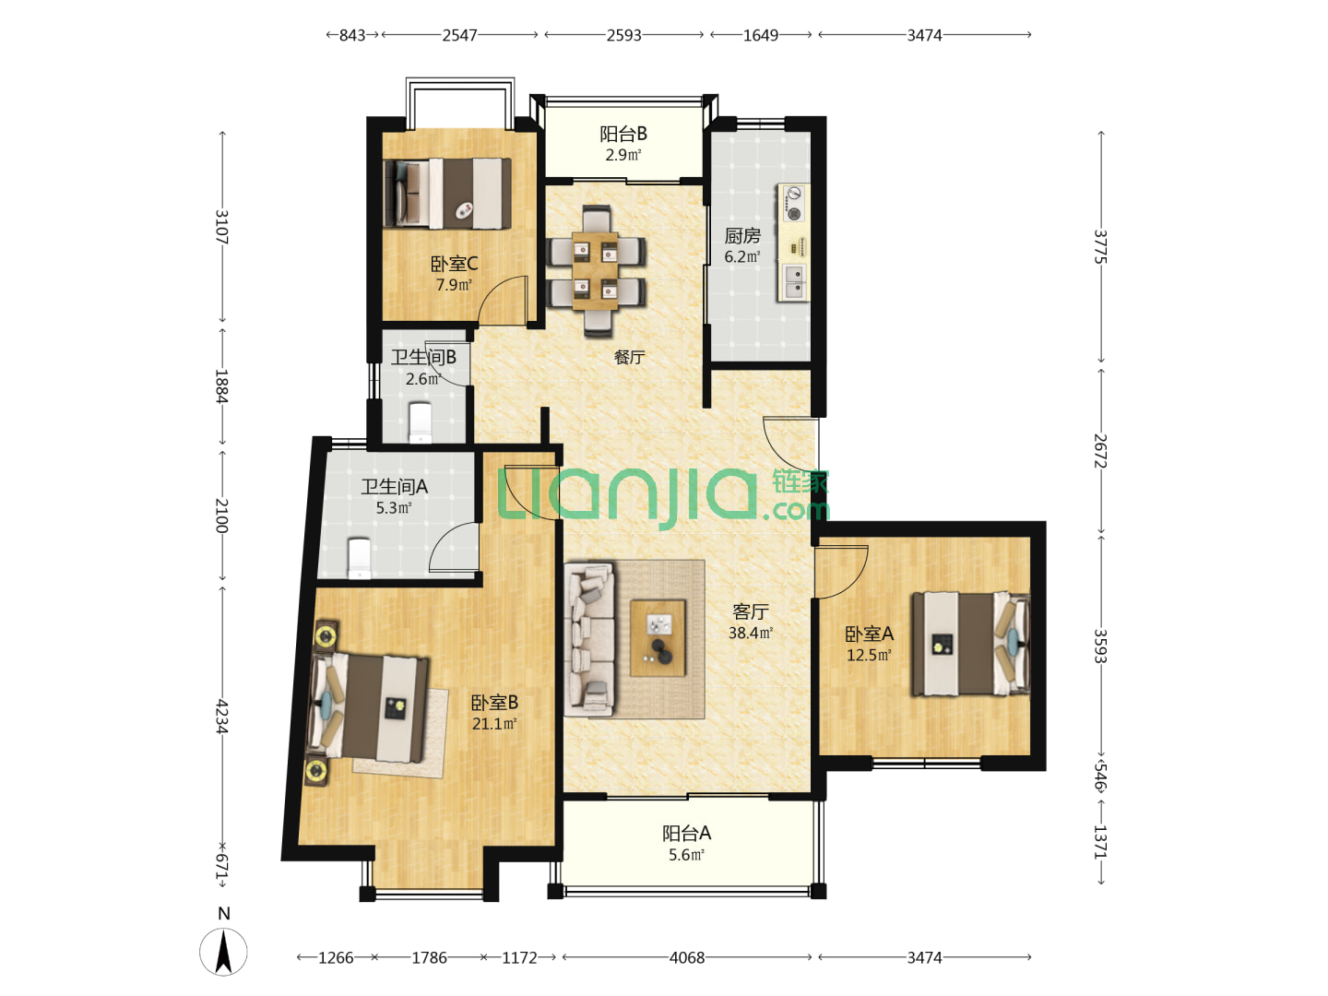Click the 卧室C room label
(x=454, y=264)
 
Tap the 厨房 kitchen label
(x=741, y=236)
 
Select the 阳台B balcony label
(x=623, y=134)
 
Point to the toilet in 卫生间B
(x=421, y=422)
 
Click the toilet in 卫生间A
(x=360, y=558)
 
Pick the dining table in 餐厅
(x=596, y=270)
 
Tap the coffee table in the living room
(x=658, y=637)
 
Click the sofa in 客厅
(x=589, y=640)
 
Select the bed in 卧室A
(x=970, y=644)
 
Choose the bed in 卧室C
(x=447, y=194)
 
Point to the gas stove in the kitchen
(x=793, y=204)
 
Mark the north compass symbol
(x=223, y=951)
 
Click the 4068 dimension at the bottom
(x=687, y=957)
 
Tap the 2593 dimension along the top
(x=623, y=35)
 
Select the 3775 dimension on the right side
(x=1100, y=247)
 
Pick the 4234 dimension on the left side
(x=222, y=717)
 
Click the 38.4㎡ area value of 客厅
(x=750, y=634)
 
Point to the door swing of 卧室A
(x=842, y=572)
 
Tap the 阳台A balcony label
(x=686, y=834)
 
